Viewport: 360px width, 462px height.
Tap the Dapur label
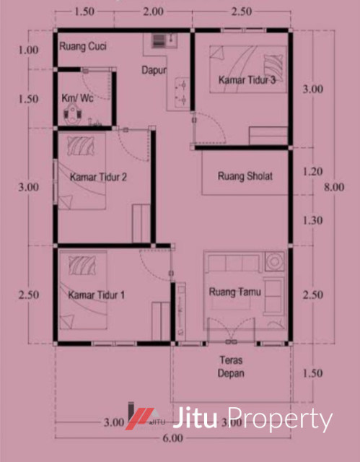[153, 71]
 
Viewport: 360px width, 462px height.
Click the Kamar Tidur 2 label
[99, 176]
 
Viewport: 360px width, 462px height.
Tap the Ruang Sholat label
[245, 175]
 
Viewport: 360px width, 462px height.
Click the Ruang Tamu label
[234, 292]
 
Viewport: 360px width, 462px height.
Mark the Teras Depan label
[231, 367]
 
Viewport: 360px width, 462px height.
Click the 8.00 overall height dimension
[334, 188]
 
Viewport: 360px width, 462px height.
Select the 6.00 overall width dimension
[171, 439]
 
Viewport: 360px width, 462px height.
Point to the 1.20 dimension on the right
[312, 173]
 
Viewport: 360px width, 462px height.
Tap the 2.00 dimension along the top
[153, 12]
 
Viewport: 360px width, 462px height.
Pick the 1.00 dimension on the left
[29, 51]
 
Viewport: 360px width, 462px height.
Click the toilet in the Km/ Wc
[71, 112]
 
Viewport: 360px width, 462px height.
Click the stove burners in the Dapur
[181, 90]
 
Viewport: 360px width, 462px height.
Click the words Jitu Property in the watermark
[254, 419]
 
